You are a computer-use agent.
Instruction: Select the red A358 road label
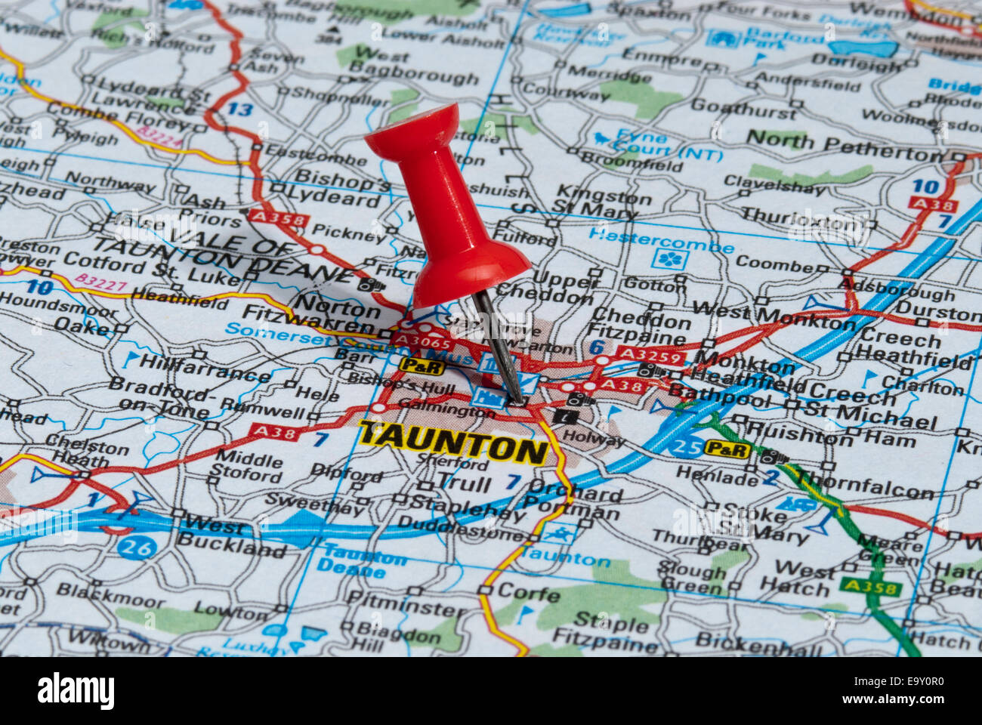278,220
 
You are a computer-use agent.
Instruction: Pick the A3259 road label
650,355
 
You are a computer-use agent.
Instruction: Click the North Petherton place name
845,143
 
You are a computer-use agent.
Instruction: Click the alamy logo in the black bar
76,691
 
